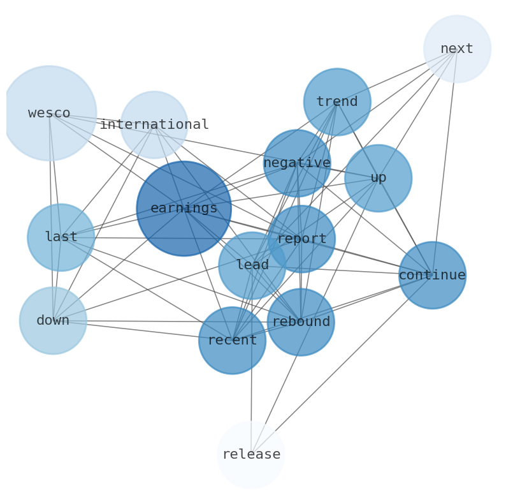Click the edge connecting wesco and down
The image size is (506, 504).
(51, 217)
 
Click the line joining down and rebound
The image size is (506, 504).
(172, 322)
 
